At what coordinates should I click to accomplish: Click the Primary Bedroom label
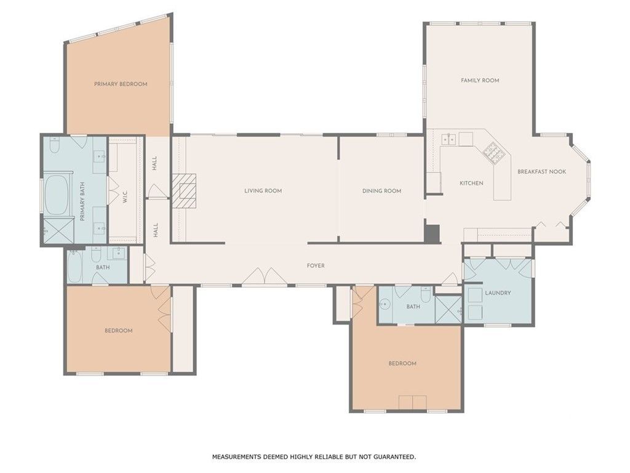(x=121, y=84)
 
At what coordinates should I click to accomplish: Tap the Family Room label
(x=480, y=81)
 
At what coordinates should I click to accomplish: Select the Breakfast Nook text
(x=541, y=172)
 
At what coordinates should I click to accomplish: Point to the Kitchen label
(x=471, y=183)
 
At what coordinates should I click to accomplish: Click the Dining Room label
(x=381, y=191)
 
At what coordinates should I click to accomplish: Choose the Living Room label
(x=263, y=191)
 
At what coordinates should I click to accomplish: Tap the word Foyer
(x=316, y=265)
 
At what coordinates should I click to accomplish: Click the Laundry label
(x=498, y=293)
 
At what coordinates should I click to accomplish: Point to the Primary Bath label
(x=82, y=202)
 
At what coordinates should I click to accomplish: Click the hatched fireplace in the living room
(x=185, y=191)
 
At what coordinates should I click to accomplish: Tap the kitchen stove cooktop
(x=493, y=153)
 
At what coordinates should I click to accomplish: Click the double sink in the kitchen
(x=449, y=139)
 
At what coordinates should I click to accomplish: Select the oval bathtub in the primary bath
(x=56, y=195)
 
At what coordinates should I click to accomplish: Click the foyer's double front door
(x=264, y=277)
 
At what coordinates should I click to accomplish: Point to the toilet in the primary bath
(x=55, y=145)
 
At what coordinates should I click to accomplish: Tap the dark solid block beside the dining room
(x=433, y=233)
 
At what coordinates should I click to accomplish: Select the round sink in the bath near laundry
(x=385, y=304)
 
